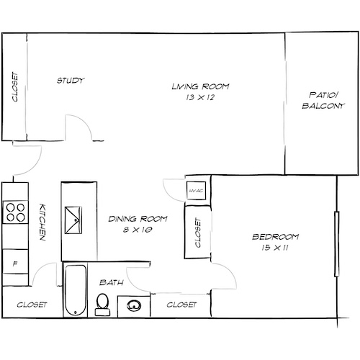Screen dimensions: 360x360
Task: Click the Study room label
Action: click(x=71, y=80)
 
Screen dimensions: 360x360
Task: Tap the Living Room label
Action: click(x=200, y=86)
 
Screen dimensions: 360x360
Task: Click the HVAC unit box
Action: click(x=195, y=191)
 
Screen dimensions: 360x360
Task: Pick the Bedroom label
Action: click(x=275, y=238)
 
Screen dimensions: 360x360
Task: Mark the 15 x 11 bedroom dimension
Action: click(x=275, y=248)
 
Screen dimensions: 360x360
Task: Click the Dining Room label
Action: click(x=137, y=219)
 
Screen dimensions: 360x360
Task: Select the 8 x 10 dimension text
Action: click(x=137, y=230)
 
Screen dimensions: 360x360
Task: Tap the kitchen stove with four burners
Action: click(x=14, y=212)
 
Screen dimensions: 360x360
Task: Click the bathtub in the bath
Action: click(x=74, y=290)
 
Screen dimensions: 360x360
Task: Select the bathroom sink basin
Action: click(x=132, y=305)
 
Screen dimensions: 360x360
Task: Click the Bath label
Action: click(x=112, y=282)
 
